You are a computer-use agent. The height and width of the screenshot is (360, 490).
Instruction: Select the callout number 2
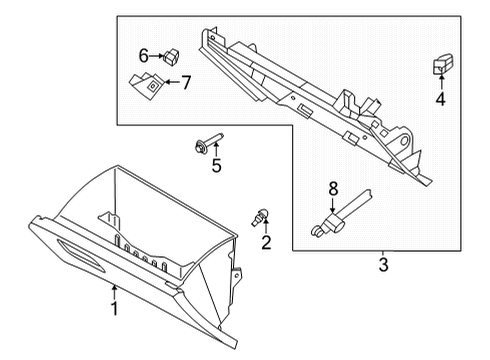pyautogui.click(x=267, y=243)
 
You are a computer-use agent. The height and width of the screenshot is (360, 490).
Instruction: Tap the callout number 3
pyautogui.click(x=383, y=265)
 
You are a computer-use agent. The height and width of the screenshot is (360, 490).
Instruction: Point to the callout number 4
pyautogui.click(x=439, y=99)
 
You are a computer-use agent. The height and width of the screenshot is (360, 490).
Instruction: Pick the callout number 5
pyautogui.click(x=216, y=166)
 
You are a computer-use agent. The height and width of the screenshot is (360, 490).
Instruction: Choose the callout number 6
pyautogui.click(x=143, y=55)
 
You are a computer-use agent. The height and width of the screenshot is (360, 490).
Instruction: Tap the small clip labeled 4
pyautogui.click(x=439, y=65)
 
